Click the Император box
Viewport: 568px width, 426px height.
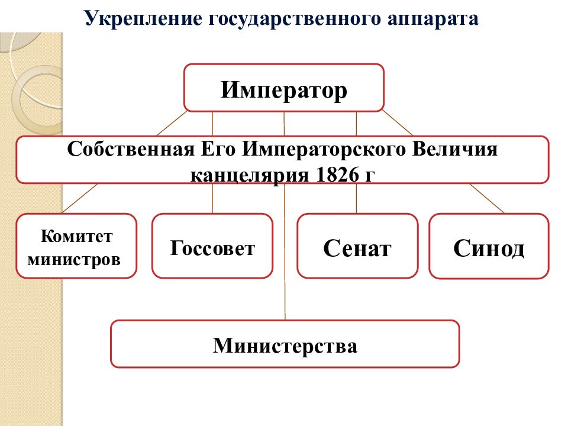point(283,88)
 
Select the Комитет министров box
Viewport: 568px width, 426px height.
point(76,246)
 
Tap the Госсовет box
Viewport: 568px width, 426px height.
point(212,246)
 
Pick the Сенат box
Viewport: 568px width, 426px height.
point(357,246)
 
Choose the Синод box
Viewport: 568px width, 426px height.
point(489,246)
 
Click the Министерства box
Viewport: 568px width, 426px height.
point(285,344)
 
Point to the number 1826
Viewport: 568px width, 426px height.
point(337,175)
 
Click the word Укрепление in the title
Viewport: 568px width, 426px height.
point(143,18)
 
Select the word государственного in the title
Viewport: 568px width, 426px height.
point(295,19)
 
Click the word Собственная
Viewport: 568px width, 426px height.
point(131,149)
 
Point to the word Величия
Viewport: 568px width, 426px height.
point(454,149)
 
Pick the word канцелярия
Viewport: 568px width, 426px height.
point(250,175)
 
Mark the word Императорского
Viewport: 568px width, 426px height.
point(324,149)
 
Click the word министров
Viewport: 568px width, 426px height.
point(74,259)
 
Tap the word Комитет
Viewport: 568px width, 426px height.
point(76,236)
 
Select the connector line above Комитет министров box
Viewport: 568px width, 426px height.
point(80,198)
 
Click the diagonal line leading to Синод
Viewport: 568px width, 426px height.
point(486,198)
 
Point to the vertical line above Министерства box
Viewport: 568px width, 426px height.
point(285,251)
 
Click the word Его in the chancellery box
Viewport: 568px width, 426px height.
point(218,149)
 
